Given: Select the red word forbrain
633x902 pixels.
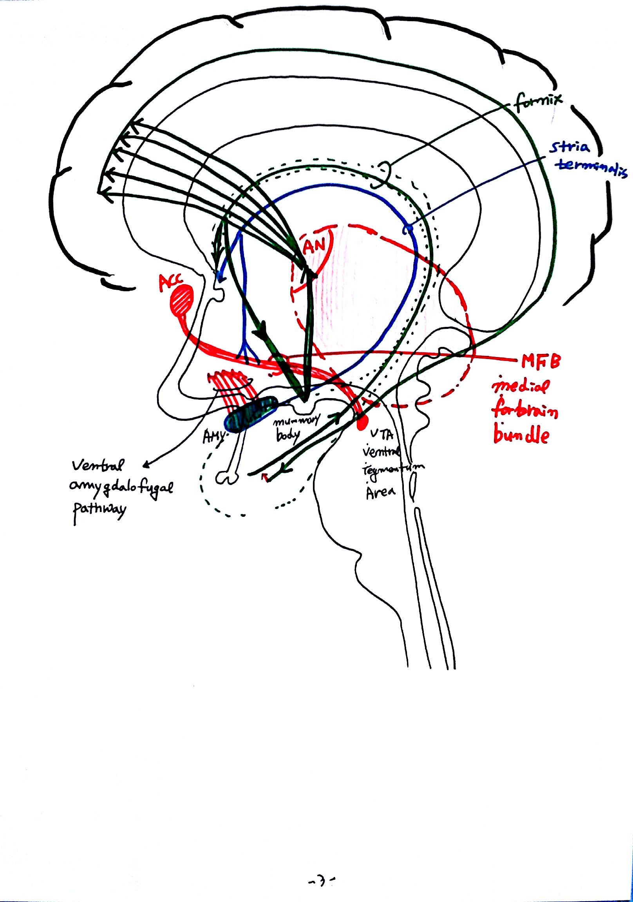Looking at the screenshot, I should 525,411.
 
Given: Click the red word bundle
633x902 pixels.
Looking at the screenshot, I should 521,435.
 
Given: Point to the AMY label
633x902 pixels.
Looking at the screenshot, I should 213,437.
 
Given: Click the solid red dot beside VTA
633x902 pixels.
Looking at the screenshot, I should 362,422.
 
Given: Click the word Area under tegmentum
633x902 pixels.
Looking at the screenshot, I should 380,492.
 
